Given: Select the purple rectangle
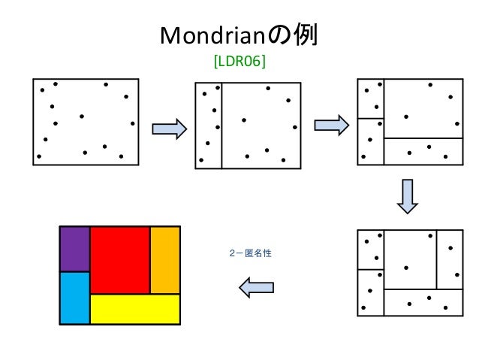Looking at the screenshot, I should point(74,248).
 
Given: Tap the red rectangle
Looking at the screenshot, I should point(119,259).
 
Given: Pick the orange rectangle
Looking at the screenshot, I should point(165,259).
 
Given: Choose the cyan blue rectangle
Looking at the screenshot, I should point(74,298).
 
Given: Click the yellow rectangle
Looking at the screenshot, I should point(135,309).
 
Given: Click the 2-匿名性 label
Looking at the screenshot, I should point(249,253).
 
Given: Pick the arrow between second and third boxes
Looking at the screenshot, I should point(331,124).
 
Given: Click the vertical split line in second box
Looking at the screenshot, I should point(221,125).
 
